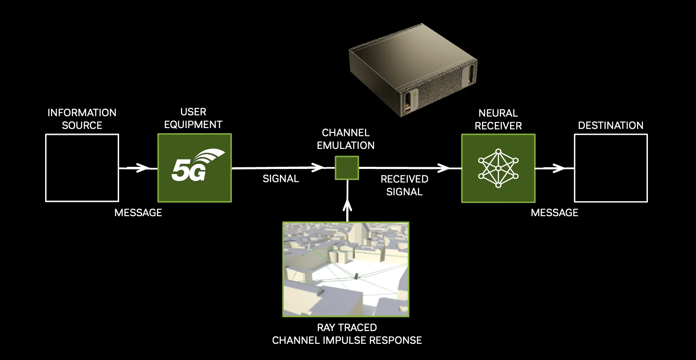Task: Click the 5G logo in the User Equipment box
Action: click(195, 167)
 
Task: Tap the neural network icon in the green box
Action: click(498, 168)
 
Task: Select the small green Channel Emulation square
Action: click(347, 168)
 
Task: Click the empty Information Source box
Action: click(82, 168)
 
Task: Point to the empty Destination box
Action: click(610, 168)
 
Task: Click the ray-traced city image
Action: click(345, 269)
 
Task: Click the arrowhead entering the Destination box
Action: click(559, 169)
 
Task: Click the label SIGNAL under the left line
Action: click(281, 179)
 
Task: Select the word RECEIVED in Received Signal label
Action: click(404, 179)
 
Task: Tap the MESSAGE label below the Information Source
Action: click(138, 213)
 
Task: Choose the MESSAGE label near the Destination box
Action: click(554, 213)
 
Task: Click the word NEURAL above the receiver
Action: click(498, 113)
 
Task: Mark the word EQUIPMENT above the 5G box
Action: click(193, 125)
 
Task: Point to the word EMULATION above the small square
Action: click(345, 146)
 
